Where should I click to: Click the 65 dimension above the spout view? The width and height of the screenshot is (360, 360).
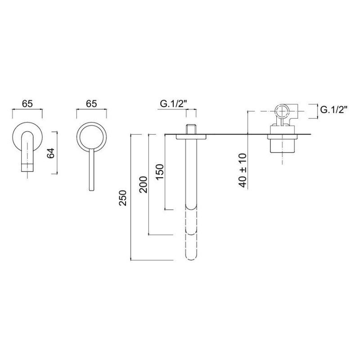click(x=27, y=104)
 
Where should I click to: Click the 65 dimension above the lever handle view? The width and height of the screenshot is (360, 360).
click(x=91, y=104)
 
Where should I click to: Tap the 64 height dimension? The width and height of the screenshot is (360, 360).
click(x=51, y=153)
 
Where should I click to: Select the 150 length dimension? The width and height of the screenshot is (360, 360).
click(x=160, y=172)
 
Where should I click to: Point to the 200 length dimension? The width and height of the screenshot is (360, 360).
click(x=143, y=184)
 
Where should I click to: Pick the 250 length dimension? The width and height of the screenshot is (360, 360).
click(x=122, y=198)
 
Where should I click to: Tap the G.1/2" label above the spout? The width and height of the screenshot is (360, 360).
click(x=173, y=104)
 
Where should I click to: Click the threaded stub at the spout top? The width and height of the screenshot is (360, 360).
click(x=191, y=129)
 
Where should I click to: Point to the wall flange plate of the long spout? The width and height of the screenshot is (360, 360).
click(x=191, y=137)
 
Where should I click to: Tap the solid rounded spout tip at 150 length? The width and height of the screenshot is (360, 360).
click(x=191, y=207)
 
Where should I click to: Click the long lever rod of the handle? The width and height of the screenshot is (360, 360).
click(x=91, y=170)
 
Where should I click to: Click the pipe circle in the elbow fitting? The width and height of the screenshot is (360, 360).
click(x=282, y=111)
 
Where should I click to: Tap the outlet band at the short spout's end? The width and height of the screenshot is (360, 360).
click(x=27, y=167)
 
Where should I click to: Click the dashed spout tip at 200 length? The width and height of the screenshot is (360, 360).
click(x=191, y=232)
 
